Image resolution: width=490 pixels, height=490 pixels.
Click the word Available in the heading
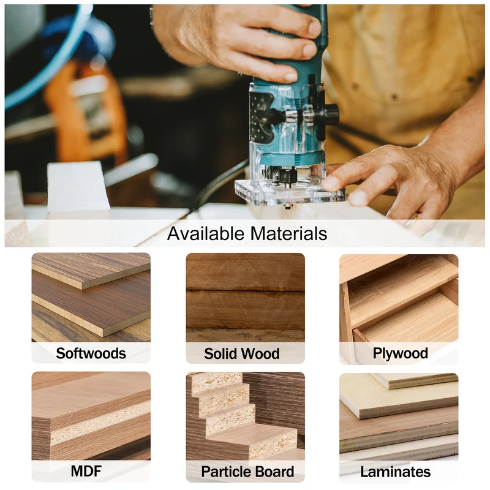(206, 233)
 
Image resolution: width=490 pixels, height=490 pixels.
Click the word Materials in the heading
(288, 233)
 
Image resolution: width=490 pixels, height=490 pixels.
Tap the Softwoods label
(91, 353)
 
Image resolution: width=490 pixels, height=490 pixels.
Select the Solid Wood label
(242, 354)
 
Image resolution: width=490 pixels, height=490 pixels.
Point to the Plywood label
(401, 353)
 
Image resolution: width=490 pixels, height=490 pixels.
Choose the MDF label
(86, 471)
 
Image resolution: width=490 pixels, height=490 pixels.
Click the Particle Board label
(247, 472)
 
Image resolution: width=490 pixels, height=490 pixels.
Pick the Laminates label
(395, 472)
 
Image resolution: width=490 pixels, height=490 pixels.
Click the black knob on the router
(331, 114)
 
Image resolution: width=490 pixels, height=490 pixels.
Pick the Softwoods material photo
(91, 297)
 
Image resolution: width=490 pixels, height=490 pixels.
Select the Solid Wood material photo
(246, 298)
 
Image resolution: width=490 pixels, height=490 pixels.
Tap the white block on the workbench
(78, 187)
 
